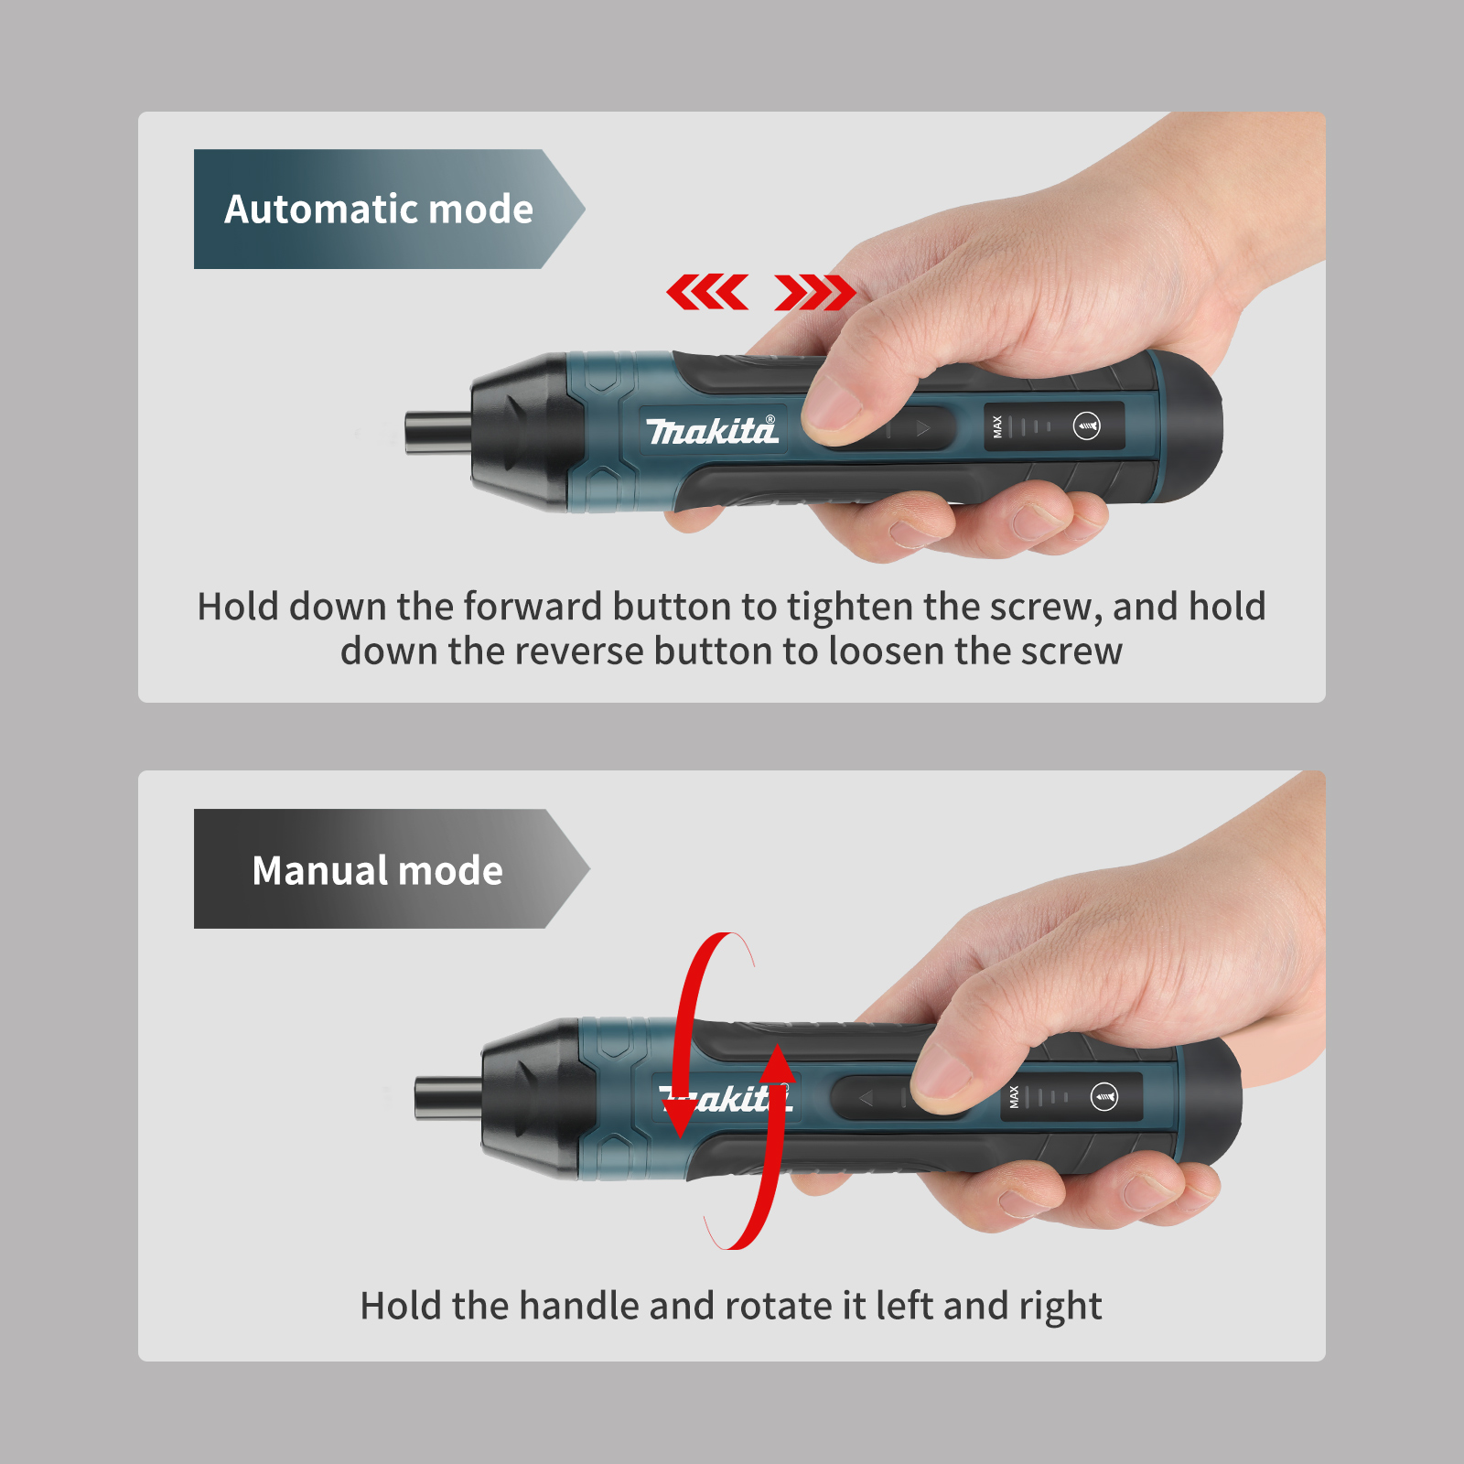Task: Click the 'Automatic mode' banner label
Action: click(379, 210)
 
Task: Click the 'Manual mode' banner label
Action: click(377, 870)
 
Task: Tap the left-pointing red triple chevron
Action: click(707, 293)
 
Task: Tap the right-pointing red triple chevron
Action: click(814, 293)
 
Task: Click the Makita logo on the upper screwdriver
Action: click(712, 430)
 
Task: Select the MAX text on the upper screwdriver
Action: click(997, 426)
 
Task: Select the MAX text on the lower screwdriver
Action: click(1014, 1097)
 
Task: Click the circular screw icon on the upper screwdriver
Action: click(1086, 426)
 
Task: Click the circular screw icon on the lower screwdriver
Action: click(1104, 1096)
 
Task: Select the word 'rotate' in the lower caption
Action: click(778, 1306)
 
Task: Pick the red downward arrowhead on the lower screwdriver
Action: click(680, 1116)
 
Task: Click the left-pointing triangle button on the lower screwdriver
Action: click(866, 1097)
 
